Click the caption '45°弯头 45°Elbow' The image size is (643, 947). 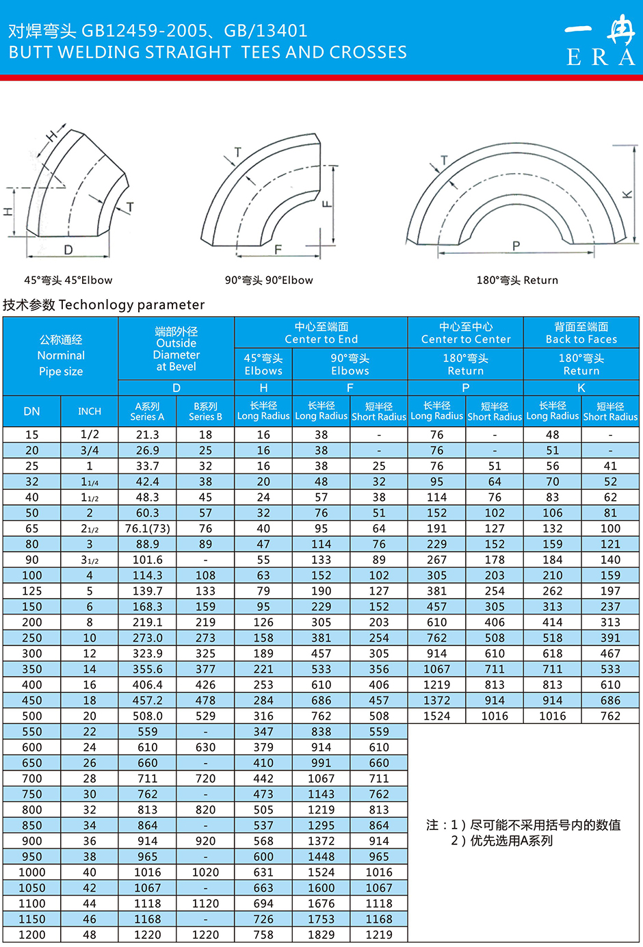click(68, 280)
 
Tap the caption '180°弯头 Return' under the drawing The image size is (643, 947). click(517, 280)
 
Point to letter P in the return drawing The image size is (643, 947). click(516, 246)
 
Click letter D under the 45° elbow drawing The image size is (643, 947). click(68, 250)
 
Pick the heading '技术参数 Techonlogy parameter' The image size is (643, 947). click(104, 304)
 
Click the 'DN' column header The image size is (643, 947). click(31, 411)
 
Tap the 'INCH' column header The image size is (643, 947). click(90, 411)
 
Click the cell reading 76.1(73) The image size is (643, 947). click(147, 528)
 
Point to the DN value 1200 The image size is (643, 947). click(31, 935)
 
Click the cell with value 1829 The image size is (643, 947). click(321, 935)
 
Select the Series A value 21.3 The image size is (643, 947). click(147, 434)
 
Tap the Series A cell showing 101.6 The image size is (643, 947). click(147, 560)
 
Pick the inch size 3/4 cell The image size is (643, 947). click(90, 450)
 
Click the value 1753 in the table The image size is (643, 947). click(321, 919)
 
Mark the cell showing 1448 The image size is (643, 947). click(321, 857)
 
